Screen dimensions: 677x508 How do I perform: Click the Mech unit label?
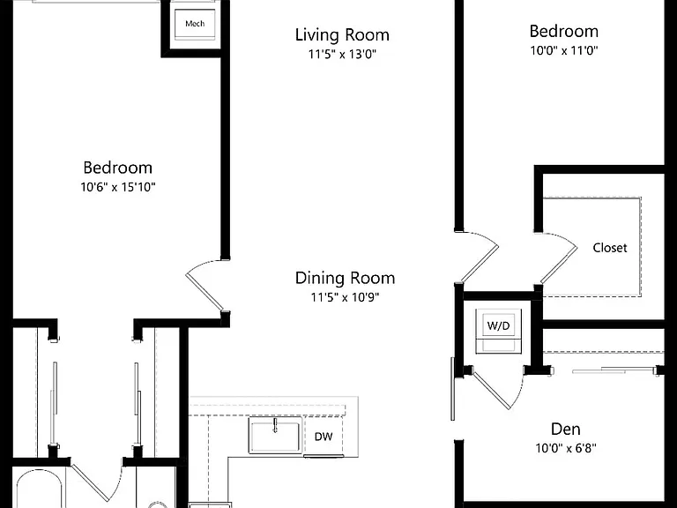[195, 23]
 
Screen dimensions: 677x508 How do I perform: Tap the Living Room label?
[342, 35]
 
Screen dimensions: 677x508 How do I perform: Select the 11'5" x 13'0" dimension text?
[342, 55]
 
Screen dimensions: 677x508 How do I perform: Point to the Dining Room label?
[345, 278]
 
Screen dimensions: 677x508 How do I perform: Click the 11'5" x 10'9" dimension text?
[345, 297]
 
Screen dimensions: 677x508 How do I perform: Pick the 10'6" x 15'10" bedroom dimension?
[118, 187]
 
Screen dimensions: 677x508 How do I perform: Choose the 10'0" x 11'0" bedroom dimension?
[564, 50]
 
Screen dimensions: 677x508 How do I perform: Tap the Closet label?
[610, 248]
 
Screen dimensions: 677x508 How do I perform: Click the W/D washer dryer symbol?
[498, 331]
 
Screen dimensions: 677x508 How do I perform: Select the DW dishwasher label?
[324, 437]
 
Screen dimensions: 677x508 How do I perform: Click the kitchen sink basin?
[275, 436]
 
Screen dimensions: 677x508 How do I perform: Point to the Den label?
[566, 429]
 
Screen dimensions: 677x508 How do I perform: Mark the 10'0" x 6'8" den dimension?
[566, 448]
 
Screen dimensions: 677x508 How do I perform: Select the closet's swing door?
[558, 258]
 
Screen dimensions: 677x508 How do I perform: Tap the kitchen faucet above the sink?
[275, 425]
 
